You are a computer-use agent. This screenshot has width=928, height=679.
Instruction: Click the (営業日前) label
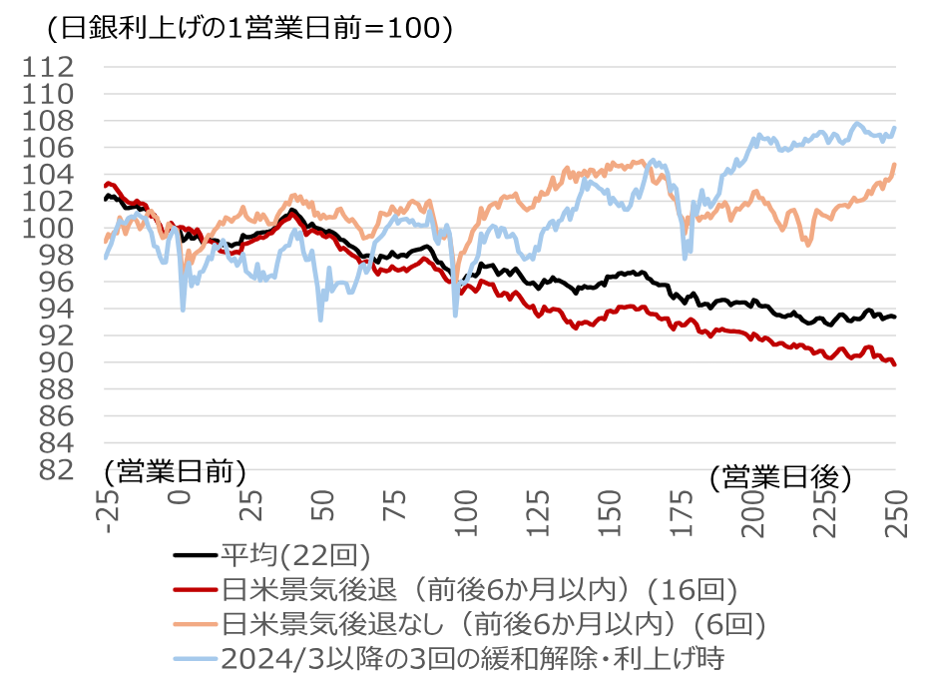click(174, 470)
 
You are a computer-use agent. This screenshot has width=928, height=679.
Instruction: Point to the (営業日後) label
click(780, 477)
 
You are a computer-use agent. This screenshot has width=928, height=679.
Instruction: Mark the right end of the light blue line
click(895, 128)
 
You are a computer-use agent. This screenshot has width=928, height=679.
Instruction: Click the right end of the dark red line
click(895, 364)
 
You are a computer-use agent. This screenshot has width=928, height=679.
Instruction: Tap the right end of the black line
click(895, 317)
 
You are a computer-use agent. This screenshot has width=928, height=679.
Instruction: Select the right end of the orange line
click(895, 165)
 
